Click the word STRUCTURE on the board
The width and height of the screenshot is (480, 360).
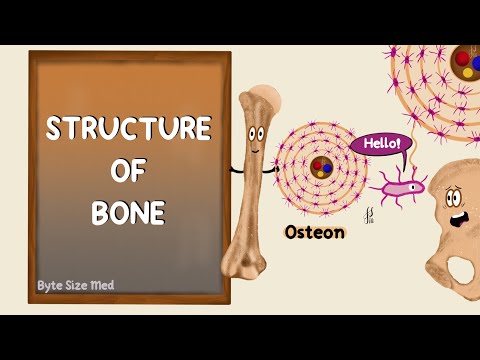(130, 129)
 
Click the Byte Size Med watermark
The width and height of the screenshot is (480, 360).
(76, 284)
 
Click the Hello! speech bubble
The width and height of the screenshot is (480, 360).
(380, 144)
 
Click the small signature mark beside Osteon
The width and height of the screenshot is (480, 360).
(373, 213)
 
